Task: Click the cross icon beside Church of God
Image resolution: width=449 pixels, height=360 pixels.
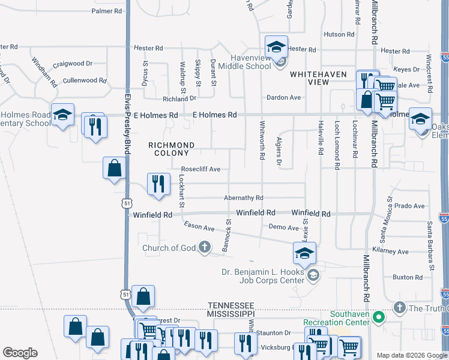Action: point(205,247)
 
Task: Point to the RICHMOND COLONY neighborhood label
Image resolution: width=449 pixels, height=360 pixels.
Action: point(172,149)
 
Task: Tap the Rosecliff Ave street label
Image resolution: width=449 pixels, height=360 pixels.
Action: point(200,169)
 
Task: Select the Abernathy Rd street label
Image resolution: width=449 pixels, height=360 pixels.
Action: point(243,197)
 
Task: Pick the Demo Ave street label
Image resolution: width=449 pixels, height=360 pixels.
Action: point(283,228)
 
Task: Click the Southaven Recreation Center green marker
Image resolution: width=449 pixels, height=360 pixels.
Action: point(378,316)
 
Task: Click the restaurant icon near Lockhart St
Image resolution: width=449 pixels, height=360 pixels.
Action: point(157,184)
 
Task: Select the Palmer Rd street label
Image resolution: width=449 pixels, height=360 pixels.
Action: point(107,11)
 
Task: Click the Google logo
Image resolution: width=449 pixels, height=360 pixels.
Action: point(20,353)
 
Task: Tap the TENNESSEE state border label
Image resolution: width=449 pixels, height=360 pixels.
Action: point(231,305)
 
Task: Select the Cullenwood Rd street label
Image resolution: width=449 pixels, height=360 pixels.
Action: point(85,80)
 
